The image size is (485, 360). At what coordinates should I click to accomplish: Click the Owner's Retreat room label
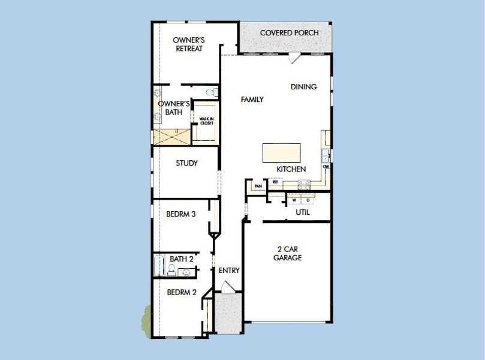189,44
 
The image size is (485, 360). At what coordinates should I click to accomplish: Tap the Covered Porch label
289,32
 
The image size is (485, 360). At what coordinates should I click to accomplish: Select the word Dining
303,87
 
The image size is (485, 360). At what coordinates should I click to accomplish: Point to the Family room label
252,100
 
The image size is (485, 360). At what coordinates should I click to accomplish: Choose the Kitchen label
291,170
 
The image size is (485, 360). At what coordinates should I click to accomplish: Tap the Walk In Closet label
206,121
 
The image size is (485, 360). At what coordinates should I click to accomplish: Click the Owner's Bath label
174,108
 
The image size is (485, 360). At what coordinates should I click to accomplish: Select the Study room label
186,163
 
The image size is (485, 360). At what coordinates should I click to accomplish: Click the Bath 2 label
181,259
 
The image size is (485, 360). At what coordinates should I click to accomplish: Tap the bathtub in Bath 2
159,265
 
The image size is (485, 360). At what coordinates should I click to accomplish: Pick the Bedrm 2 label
182,293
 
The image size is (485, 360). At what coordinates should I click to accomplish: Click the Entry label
228,271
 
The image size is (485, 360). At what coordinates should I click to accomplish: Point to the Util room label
303,212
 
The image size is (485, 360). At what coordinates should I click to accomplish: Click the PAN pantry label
258,187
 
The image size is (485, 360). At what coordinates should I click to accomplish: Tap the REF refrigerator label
275,181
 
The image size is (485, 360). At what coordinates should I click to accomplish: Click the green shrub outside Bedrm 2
146,317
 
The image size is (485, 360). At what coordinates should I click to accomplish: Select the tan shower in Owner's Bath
171,137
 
